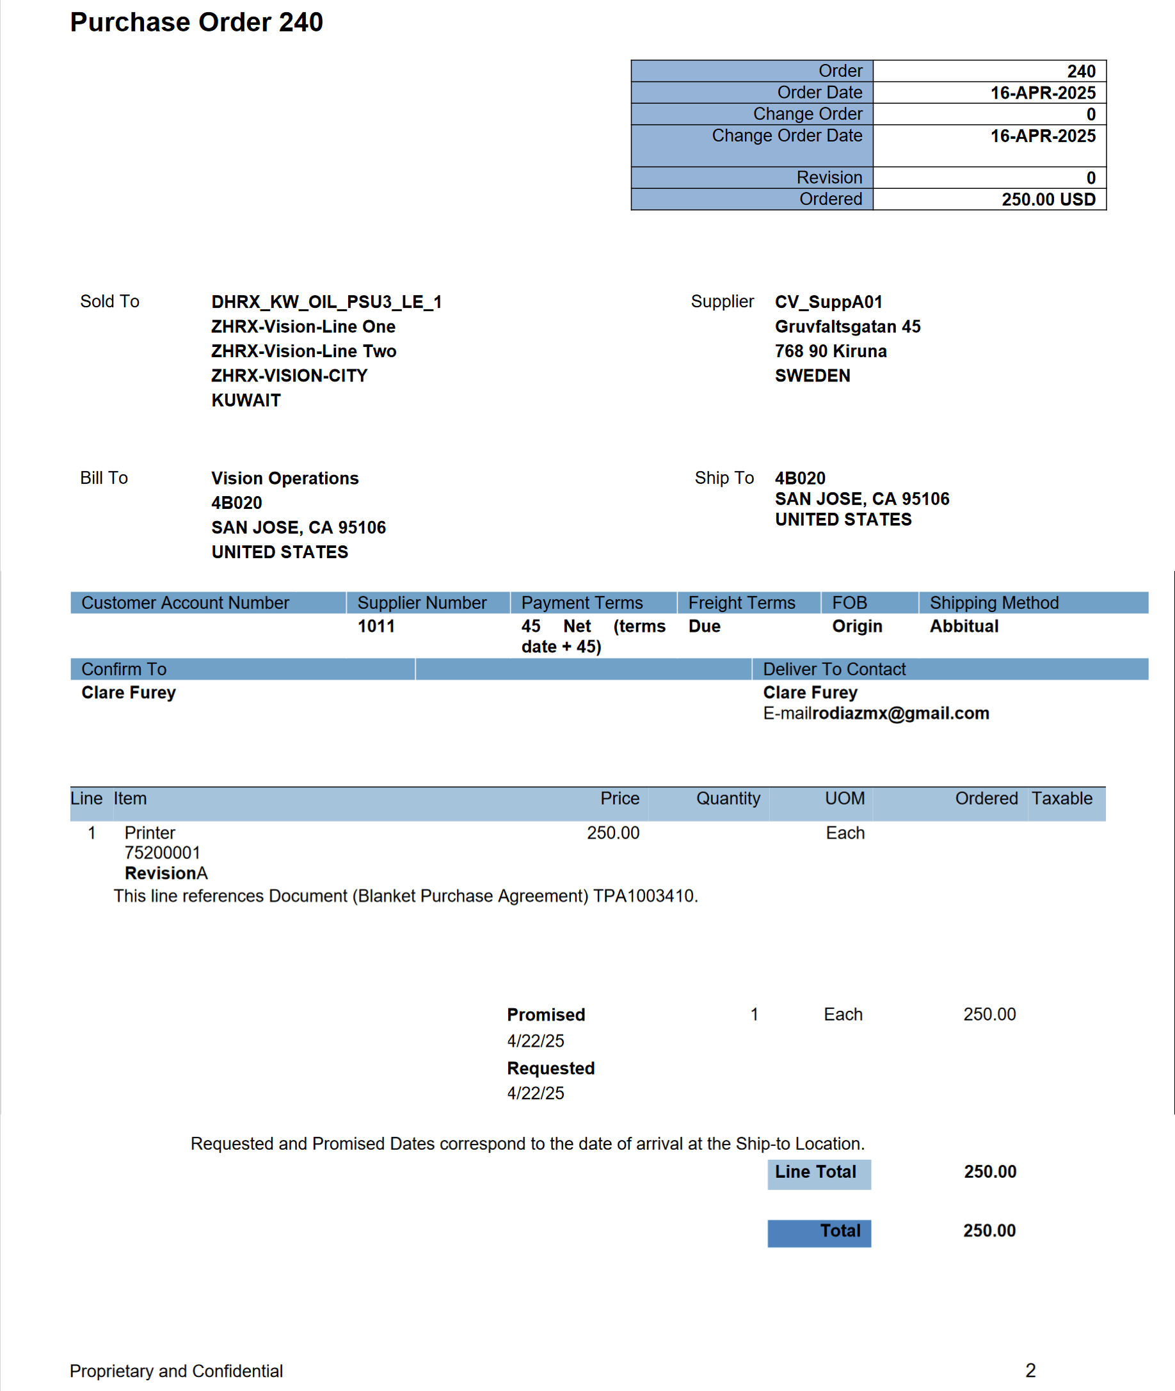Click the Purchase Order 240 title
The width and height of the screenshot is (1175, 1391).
(x=196, y=22)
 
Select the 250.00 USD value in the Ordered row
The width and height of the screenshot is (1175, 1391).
(x=1048, y=199)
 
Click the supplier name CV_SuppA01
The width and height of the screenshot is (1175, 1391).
(x=828, y=302)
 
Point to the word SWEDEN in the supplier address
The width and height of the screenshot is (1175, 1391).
(x=812, y=376)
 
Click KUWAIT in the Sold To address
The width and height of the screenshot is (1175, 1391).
(x=246, y=400)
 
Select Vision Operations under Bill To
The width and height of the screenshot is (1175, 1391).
(x=284, y=478)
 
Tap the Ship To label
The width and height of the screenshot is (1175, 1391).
(x=723, y=478)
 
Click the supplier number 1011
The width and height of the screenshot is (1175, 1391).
(x=376, y=626)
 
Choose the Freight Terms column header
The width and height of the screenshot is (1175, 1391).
(x=741, y=603)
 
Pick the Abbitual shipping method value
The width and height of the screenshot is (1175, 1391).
(x=963, y=626)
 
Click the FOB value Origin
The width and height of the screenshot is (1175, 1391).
(x=856, y=626)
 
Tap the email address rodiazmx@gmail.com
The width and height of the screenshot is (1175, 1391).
(x=900, y=714)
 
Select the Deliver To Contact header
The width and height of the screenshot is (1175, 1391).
(x=834, y=669)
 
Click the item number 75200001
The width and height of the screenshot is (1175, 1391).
(x=162, y=853)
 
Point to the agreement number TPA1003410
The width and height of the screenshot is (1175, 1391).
(x=643, y=896)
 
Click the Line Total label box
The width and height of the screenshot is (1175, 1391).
(x=818, y=1173)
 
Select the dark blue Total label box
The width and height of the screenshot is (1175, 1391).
(x=819, y=1232)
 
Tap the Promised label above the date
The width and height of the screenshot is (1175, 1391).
(x=545, y=1015)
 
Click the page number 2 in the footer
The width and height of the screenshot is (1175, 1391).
(x=1030, y=1371)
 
